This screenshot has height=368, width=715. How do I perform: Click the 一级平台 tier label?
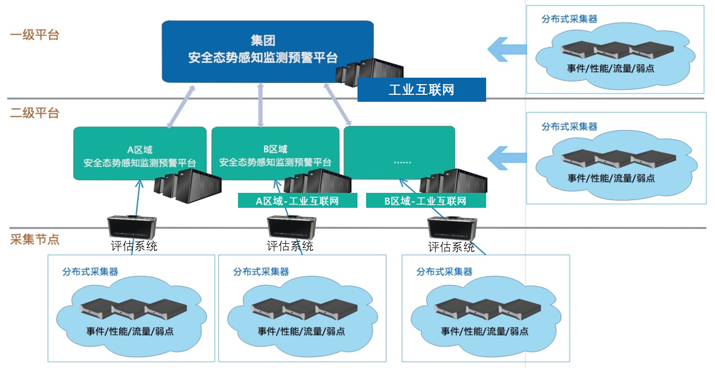click(34, 35)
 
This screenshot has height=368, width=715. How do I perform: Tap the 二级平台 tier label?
click(34, 113)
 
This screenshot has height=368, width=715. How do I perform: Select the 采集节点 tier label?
click(34, 239)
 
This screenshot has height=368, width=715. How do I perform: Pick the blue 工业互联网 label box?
click(421, 89)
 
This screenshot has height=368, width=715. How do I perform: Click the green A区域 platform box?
click(139, 153)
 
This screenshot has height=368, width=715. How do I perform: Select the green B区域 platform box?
click(275, 153)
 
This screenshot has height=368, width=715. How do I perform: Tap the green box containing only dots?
click(399, 153)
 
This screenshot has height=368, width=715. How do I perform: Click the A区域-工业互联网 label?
click(297, 201)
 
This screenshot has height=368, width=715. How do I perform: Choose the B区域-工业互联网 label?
click(426, 201)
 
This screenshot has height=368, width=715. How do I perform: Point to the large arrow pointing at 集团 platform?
click(507, 49)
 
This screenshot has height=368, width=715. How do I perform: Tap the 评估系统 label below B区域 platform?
click(290, 246)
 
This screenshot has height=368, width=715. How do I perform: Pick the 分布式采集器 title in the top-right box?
click(569, 19)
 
